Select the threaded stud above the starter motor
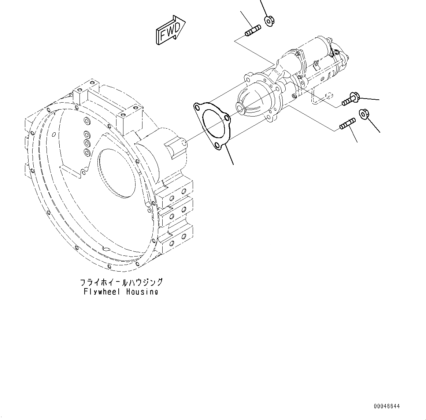(x=252, y=31)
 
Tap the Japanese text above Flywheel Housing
(x=121, y=283)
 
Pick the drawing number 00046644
(x=387, y=406)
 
